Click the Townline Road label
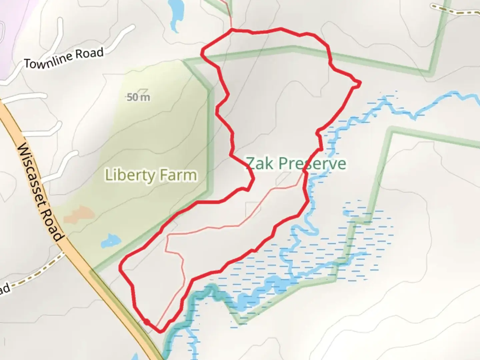(x=64, y=58)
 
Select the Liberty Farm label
(x=151, y=175)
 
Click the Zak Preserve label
(x=296, y=164)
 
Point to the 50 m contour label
(x=138, y=97)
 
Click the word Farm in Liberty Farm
(x=178, y=175)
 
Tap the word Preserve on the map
(x=312, y=164)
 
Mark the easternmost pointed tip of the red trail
(x=360, y=83)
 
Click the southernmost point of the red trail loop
(x=160, y=331)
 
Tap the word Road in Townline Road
(x=89, y=54)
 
